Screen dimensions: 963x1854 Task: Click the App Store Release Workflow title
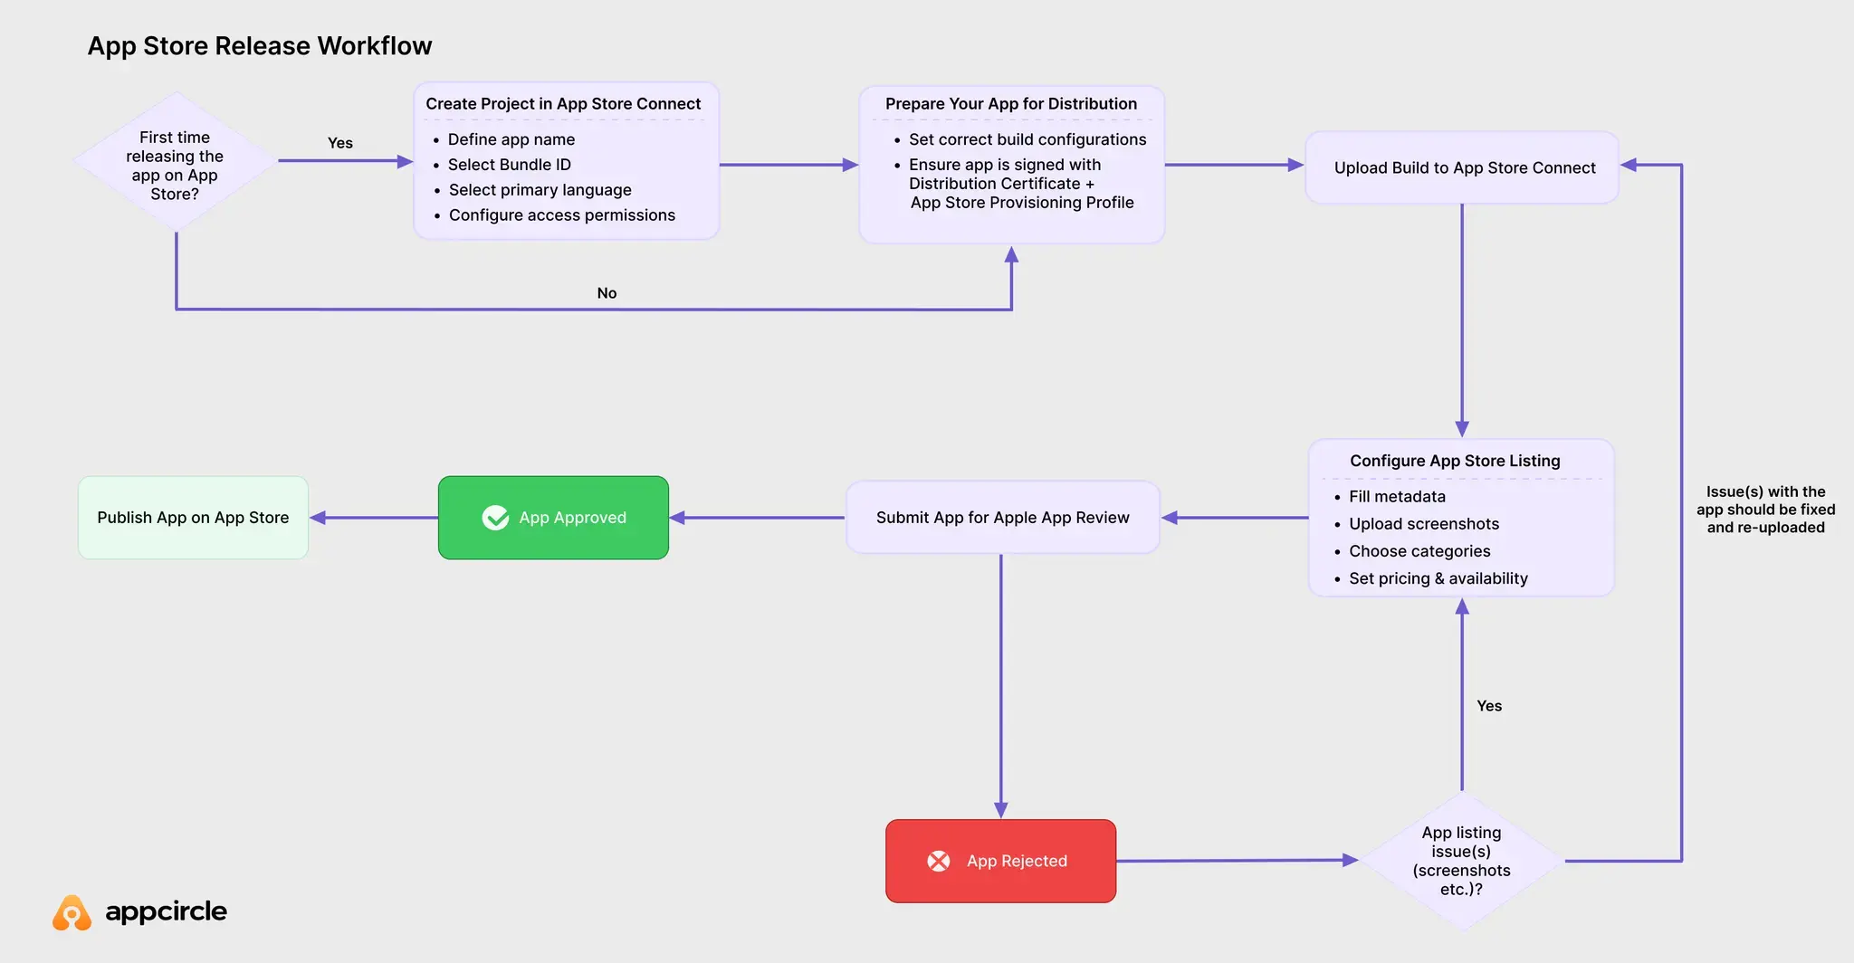click(259, 46)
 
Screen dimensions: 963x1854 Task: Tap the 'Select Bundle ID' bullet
click(509, 165)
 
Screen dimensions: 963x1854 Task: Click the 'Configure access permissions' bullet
click(561, 215)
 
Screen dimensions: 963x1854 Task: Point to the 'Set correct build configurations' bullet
click(1027, 139)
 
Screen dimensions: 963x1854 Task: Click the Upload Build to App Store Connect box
click(1463, 167)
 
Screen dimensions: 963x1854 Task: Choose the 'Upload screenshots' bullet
click(1423, 524)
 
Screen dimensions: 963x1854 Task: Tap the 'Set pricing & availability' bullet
click(1438, 578)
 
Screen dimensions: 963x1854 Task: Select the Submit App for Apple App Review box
click(1002, 518)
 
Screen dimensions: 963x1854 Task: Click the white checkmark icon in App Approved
click(495, 518)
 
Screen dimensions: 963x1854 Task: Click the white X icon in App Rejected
click(939, 861)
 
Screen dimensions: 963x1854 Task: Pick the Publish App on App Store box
click(193, 518)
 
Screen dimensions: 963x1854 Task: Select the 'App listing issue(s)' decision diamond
click(1461, 861)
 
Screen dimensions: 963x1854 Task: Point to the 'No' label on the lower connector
click(607, 293)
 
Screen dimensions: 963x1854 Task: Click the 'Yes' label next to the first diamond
click(339, 143)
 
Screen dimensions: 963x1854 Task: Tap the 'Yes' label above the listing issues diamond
click(1488, 706)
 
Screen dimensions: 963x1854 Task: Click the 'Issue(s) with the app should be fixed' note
click(1765, 510)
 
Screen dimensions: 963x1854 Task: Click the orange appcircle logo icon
click(72, 913)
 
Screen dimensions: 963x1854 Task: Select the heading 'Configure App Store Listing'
click(1455, 461)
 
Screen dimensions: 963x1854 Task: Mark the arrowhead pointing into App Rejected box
click(1000, 810)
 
